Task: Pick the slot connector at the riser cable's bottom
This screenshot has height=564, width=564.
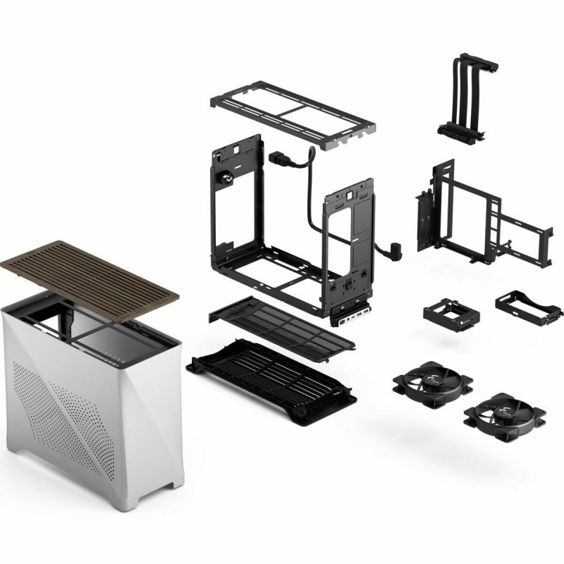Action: click(x=458, y=130)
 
